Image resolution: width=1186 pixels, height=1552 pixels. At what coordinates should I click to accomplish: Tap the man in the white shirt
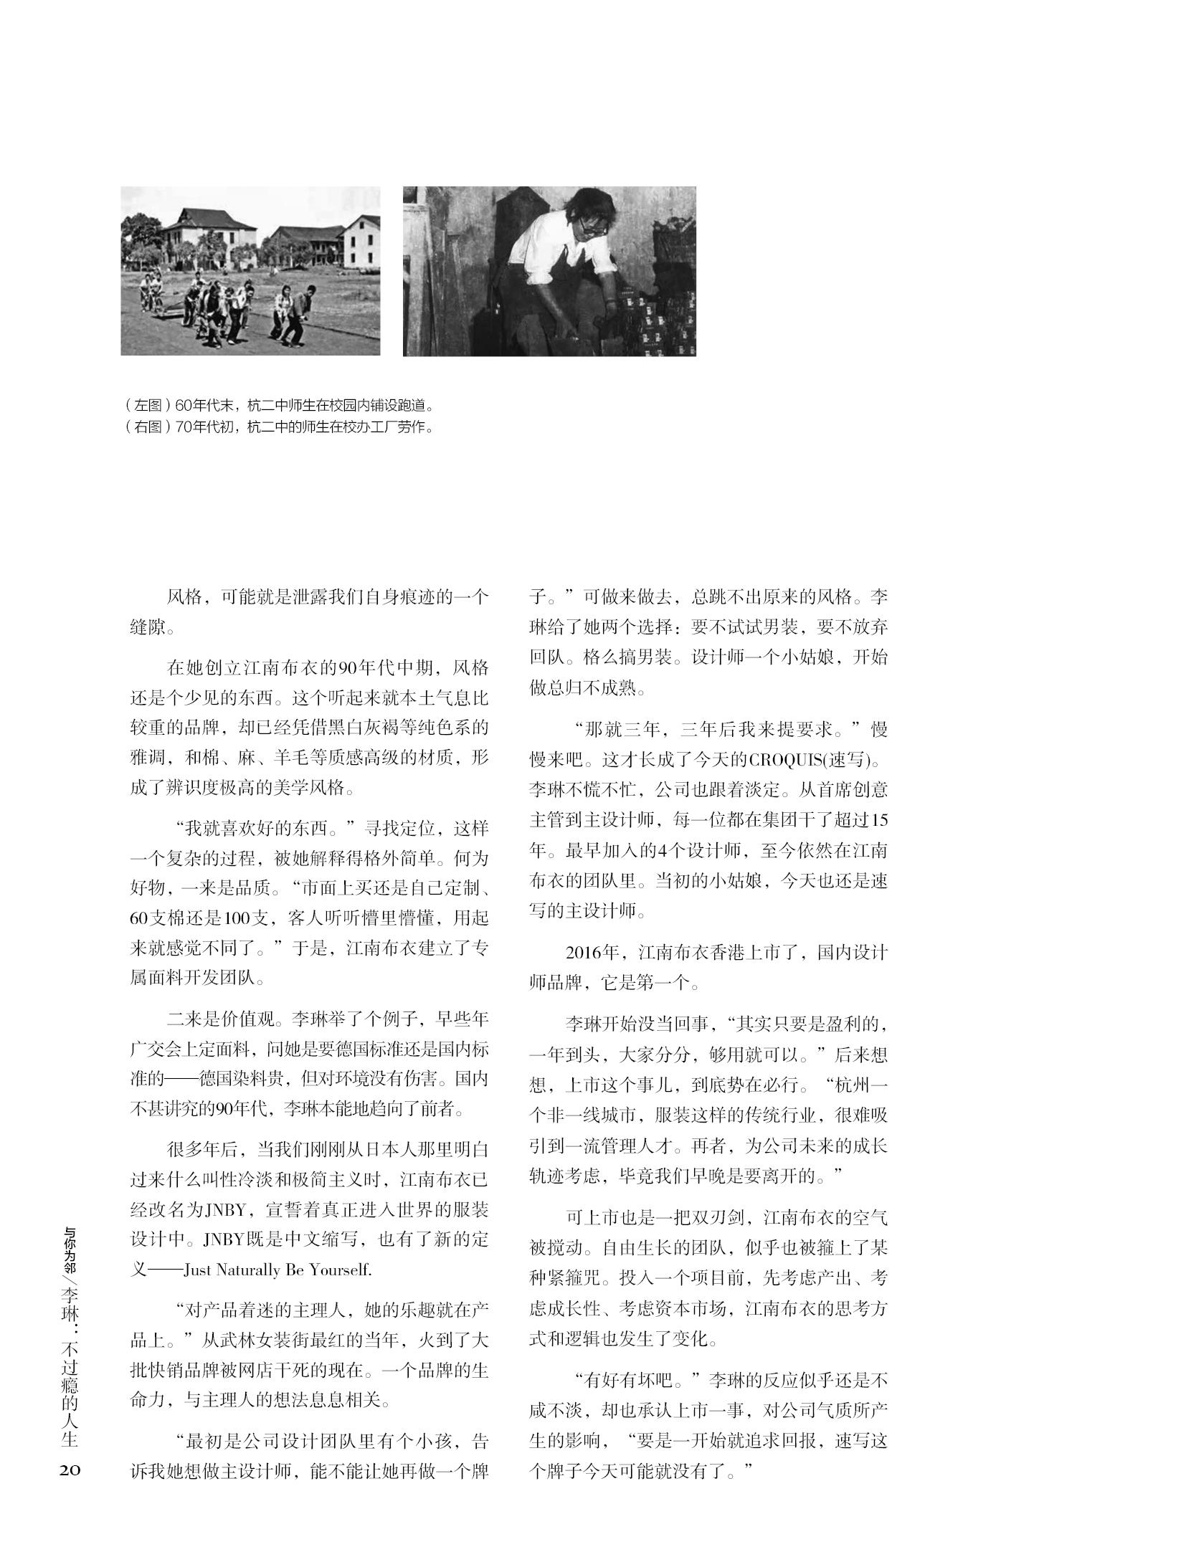click(559, 265)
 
